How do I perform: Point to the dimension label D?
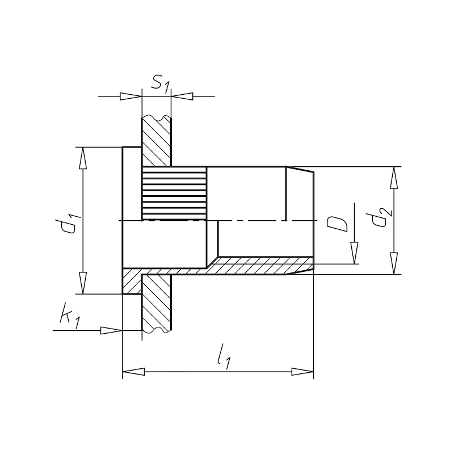(338, 222)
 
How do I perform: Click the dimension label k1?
(68, 317)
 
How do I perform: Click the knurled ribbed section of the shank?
(173, 194)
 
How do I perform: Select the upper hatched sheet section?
(155, 142)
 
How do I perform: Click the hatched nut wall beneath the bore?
(261, 265)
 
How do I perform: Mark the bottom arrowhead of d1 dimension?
(83, 283)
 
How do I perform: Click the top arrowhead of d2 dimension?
(393, 177)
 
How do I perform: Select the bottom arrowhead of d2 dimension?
(393, 264)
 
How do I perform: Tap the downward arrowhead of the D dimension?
(354, 253)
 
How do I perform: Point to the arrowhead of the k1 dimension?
(112, 330)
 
